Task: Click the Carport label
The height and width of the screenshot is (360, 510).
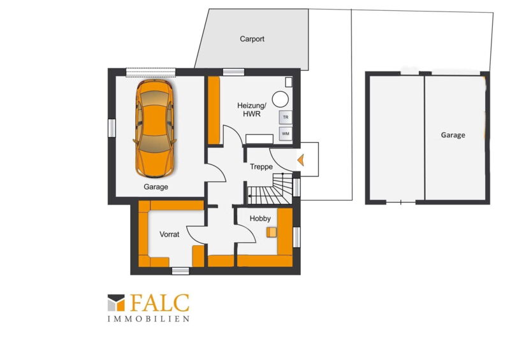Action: [252, 39]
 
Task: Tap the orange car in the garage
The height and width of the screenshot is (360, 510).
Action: [155, 128]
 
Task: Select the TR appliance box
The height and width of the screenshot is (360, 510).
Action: [286, 117]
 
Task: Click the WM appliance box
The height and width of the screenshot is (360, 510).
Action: [286, 134]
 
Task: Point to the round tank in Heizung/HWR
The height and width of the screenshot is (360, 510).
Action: [280, 99]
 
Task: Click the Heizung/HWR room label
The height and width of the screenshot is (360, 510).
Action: [252, 110]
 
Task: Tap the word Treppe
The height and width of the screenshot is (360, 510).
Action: [261, 167]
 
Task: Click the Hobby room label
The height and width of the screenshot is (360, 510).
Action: [260, 219]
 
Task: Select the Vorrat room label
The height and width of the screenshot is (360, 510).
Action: [170, 234]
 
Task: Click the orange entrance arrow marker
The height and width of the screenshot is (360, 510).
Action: [301, 160]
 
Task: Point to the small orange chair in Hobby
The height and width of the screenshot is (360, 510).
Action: [272, 232]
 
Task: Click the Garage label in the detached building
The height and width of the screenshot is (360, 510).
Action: [453, 135]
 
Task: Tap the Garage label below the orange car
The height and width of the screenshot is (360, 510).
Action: [156, 187]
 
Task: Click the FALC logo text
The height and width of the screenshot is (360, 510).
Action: [160, 303]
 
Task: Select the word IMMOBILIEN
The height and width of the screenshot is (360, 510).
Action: [149, 319]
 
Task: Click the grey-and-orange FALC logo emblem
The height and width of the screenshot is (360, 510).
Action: [116, 303]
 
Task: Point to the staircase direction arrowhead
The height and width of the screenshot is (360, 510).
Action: [249, 196]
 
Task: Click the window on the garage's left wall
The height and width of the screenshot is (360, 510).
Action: [112, 128]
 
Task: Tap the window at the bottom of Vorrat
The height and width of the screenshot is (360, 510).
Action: [180, 271]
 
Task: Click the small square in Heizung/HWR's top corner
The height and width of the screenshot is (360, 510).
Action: [289, 82]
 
